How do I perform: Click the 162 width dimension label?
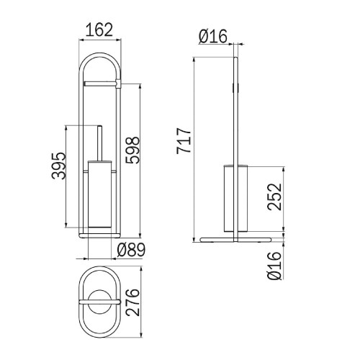(x=99, y=30)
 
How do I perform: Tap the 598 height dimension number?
(x=132, y=150)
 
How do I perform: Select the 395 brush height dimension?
(x=58, y=166)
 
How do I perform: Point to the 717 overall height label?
(x=184, y=141)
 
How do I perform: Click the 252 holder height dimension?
(x=274, y=197)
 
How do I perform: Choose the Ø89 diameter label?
(x=131, y=250)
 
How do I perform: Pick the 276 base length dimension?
(x=132, y=302)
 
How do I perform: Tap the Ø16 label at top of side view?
(x=212, y=36)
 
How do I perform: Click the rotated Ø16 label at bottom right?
(x=274, y=266)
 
